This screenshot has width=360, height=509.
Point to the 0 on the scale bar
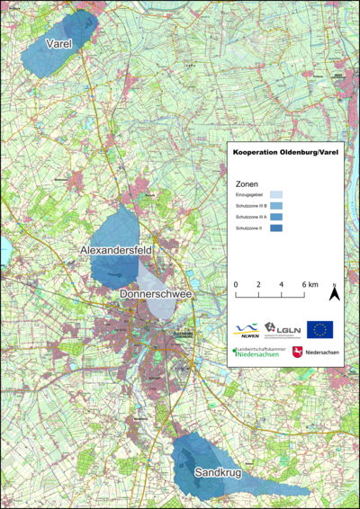(x=236, y=284)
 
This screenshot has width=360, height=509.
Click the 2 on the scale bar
(x=259, y=284)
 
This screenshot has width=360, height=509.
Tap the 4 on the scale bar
(x=282, y=284)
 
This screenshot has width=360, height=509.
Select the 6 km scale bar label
(x=310, y=284)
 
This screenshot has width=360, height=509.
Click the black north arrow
(x=333, y=292)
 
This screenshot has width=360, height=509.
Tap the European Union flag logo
(x=319, y=329)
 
